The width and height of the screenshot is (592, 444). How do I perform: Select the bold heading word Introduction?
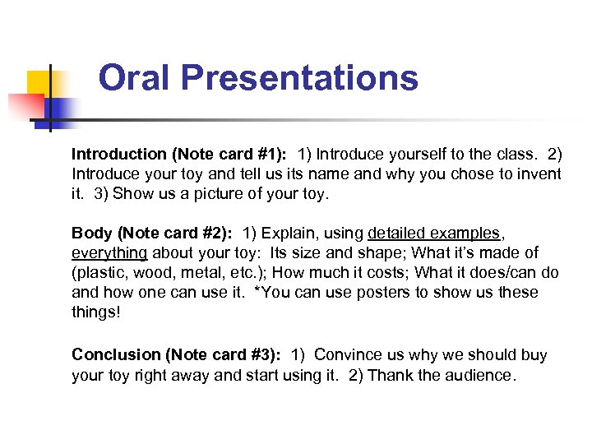pos(118,154)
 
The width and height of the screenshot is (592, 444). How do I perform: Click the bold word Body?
pos(90,233)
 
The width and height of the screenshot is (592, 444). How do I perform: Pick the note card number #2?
pos(207,233)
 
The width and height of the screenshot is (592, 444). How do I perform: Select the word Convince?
pos(345,354)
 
